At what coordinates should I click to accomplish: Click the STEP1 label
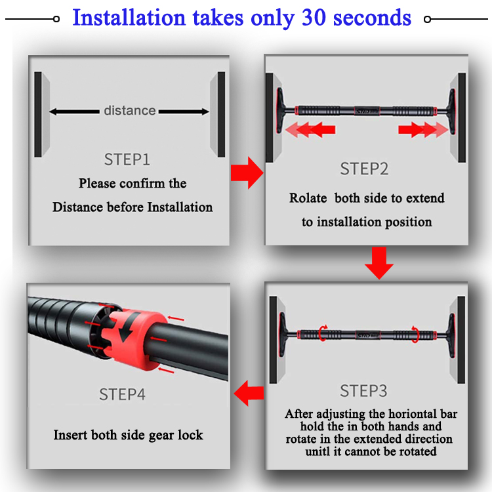pos(127,159)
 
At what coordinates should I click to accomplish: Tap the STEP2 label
pos(364,169)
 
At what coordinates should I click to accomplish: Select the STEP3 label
pos(363,391)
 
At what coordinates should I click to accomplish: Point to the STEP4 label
pos(123,394)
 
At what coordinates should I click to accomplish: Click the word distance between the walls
pos(130,110)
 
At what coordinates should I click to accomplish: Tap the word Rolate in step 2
pos(308,198)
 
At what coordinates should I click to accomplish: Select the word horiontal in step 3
pos(413,414)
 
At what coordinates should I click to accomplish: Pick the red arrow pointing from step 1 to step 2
pos(247,173)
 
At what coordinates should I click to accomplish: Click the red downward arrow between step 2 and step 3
pos(379,263)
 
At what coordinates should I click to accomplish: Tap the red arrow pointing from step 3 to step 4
pos(249,393)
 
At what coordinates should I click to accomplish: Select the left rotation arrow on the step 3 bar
pos(323,333)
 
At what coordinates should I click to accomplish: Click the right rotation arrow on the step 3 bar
pos(415,334)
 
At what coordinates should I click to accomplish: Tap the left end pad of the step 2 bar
pos(279,110)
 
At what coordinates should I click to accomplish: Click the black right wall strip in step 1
pos(222,114)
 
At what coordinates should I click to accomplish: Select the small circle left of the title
pos(56,19)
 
